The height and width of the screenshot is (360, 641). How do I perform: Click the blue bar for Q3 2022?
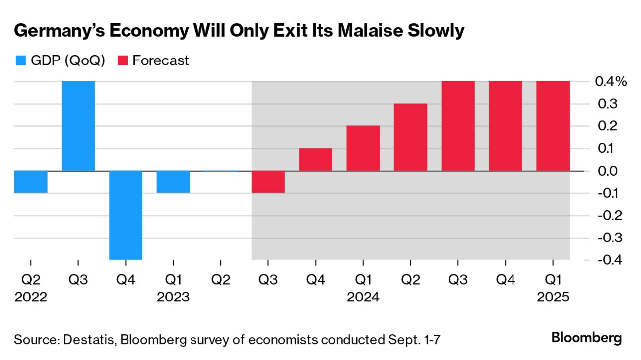pos(78,126)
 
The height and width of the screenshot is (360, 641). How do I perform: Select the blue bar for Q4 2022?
pos(126,215)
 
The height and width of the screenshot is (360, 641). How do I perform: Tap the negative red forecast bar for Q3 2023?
pos(268,181)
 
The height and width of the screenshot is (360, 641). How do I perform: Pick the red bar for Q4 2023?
pos(316,159)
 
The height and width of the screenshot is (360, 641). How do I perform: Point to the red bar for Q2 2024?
pos(410,137)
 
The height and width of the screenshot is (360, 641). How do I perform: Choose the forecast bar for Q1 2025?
pos(553,126)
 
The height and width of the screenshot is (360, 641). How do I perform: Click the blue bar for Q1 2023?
pos(173,181)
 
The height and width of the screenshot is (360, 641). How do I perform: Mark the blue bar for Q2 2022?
pos(31,181)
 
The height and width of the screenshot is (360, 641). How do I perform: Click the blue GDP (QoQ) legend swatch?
pos(21,61)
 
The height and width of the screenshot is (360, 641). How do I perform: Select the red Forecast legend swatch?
pos(123,61)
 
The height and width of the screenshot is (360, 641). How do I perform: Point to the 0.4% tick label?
pos(611,82)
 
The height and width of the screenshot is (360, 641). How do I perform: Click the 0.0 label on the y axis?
pos(608,171)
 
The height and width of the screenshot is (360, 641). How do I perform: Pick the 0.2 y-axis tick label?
pos(608,126)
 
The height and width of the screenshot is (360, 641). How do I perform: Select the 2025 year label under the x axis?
pos(553,298)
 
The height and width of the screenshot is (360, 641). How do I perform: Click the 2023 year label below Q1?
pos(173,298)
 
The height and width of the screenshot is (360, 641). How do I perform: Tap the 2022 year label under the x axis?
pos(31,298)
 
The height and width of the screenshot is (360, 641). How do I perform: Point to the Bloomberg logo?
pos(586,338)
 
